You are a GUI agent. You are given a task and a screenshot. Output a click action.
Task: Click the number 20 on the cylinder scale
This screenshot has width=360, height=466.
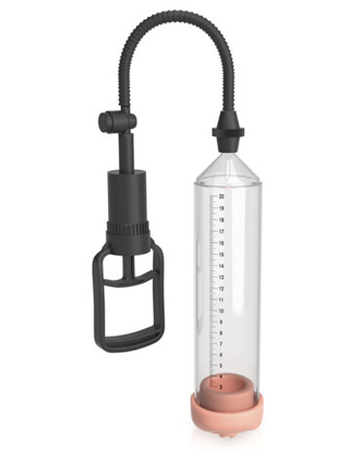tap(220, 195)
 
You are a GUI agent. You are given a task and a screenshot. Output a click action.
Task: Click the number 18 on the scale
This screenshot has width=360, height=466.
tap(220, 220)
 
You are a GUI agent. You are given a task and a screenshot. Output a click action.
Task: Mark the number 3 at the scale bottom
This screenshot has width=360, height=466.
tap(220, 387)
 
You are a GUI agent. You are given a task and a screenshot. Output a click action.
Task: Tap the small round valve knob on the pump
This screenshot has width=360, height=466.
tap(106, 121)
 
